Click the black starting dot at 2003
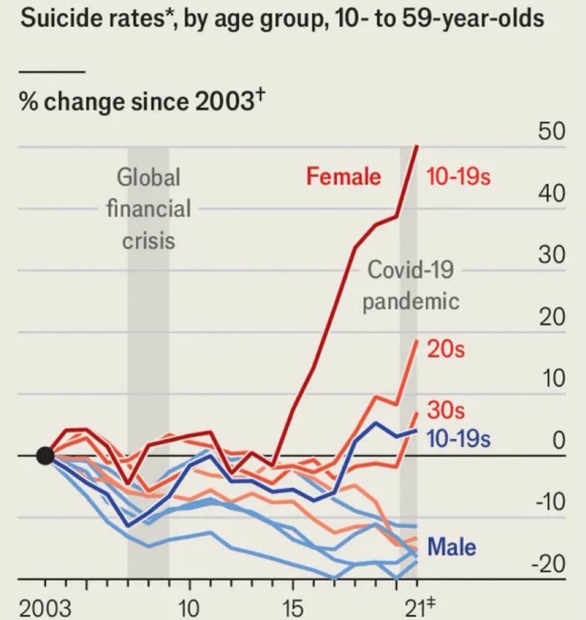click(x=45, y=456)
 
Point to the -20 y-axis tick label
click(x=549, y=564)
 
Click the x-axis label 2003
click(x=45, y=608)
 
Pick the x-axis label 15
click(x=293, y=608)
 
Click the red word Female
click(x=343, y=177)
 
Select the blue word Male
click(x=452, y=547)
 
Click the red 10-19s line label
click(x=458, y=177)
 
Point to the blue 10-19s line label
click(x=458, y=440)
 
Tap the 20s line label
click(x=445, y=350)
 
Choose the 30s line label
click(x=445, y=411)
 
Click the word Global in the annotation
click(x=148, y=178)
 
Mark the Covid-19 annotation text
click(x=410, y=270)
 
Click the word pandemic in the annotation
click(x=410, y=301)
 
